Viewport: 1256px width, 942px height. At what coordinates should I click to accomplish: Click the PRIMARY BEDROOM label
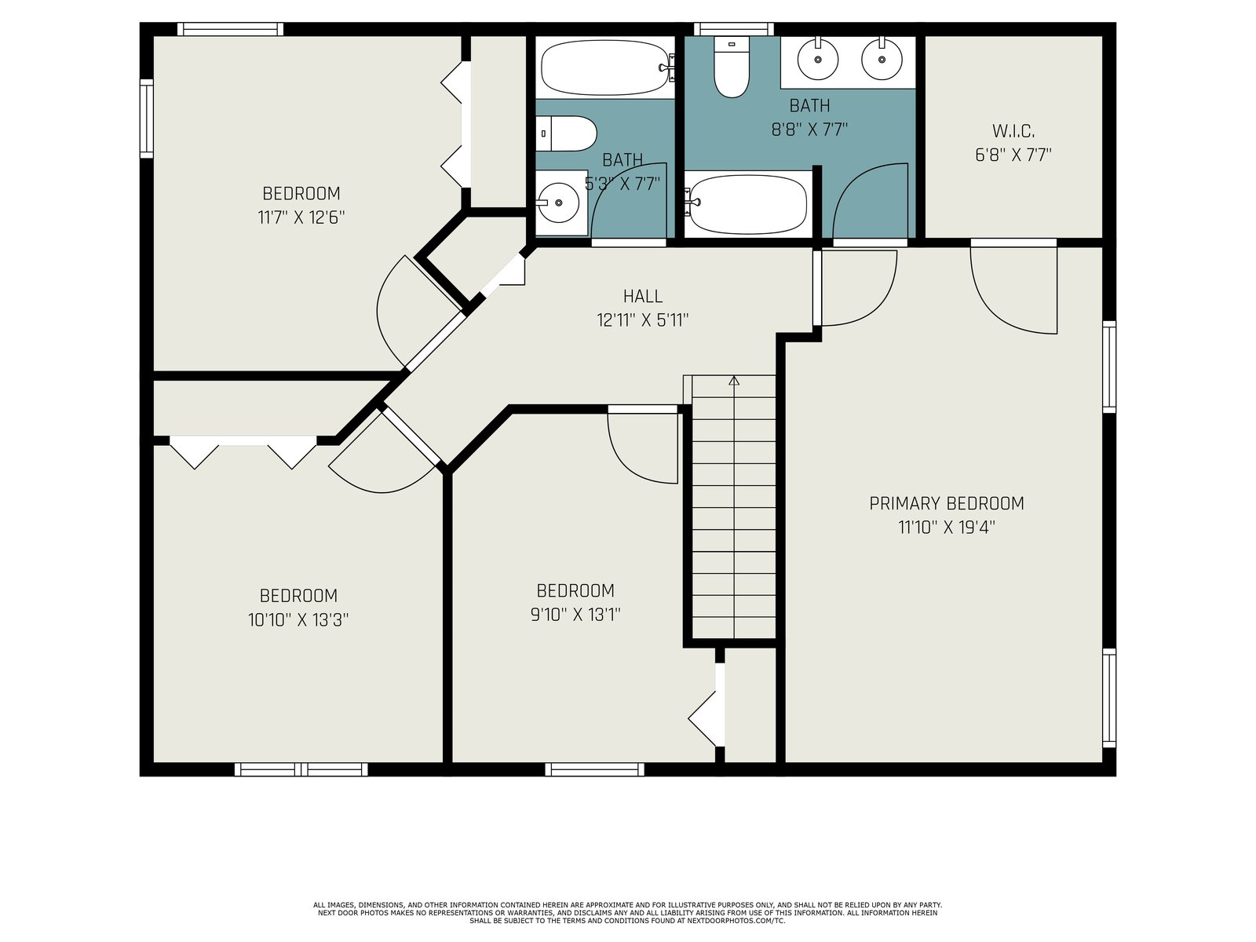tap(947, 503)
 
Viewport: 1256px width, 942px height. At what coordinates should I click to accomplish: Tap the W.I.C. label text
tap(1013, 132)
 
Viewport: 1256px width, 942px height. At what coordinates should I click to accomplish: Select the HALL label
tap(643, 296)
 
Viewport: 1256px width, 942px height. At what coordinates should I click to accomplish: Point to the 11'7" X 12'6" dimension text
tap(301, 218)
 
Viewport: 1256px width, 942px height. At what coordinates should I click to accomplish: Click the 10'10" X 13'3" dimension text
tap(298, 620)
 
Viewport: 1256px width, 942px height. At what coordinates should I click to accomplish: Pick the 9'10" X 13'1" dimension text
tap(575, 615)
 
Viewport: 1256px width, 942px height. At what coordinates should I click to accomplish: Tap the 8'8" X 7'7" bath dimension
tap(809, 130)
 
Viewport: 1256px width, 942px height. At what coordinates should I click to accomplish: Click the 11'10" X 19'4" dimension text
tap(947, 528)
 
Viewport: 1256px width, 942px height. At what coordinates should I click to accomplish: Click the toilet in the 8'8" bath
tap(732, 67)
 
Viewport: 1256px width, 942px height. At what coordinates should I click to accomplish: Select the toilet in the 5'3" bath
tap(567, 133)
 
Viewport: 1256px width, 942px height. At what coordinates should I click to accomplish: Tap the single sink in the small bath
tap(557, 203)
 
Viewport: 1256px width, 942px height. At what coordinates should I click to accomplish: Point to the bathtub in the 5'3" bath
tap(607, 68)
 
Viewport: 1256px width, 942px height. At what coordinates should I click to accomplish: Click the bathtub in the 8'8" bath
tap(748, 204)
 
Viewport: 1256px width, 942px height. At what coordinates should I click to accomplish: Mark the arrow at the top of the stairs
tap(734, 381)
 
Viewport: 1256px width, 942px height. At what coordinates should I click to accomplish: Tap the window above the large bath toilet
tap(733, 29)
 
